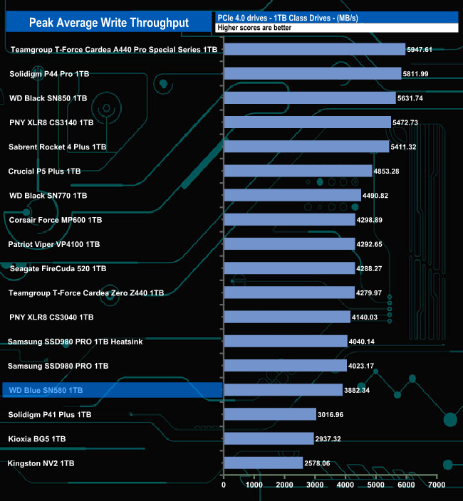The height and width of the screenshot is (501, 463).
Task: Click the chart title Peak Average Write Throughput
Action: pos(108,23)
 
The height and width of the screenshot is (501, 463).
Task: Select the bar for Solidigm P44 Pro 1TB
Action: pos(313,74)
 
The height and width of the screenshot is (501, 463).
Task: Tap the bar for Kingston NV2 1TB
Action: pos(263,463)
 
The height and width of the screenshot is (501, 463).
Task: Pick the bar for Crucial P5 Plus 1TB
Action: pos(298,172)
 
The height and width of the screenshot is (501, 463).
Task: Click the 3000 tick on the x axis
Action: pos(315,485)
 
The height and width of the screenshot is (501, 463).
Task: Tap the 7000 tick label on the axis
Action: pos(437,485)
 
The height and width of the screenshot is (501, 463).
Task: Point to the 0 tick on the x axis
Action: pos(224,485)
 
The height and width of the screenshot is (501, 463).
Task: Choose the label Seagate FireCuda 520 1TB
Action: pos(58,268)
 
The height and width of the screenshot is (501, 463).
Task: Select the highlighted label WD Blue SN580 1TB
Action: pos(46,390)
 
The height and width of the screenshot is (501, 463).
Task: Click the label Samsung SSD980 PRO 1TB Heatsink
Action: pos(76,342)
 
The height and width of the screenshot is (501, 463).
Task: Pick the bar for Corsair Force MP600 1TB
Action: pos(288,220)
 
